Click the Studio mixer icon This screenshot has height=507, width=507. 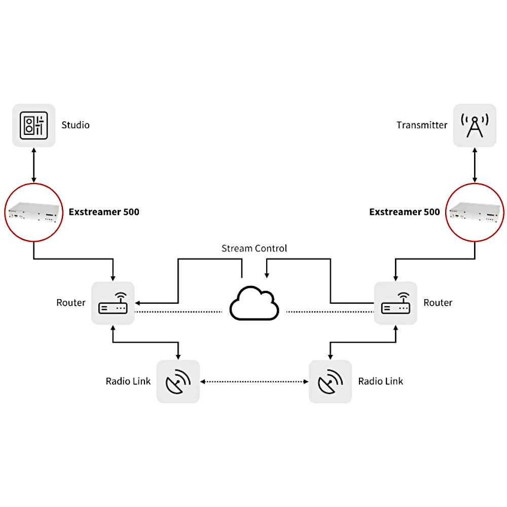tap(34, 125)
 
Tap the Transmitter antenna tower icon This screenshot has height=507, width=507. tap(474, 125)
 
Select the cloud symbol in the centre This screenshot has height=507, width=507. tap(255, 304)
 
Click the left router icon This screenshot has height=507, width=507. tap(113, 303)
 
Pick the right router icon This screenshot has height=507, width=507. tap(395, 303)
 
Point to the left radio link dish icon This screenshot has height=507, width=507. tap(177, 381)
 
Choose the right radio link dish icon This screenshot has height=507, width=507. tap(330, 381)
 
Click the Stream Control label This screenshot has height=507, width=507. tap(254, 248)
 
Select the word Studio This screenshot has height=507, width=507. tap(76, 125)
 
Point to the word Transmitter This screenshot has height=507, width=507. tap(422, 125)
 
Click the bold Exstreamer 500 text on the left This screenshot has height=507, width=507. tap(104, 212)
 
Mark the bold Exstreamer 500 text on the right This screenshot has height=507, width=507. tap(404, 212)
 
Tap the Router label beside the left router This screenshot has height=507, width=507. tap(71, 303)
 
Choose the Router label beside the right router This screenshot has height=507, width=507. tap(438, 303)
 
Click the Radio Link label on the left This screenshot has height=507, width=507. tap(128, 381)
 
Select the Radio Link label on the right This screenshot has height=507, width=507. tap(380, 381)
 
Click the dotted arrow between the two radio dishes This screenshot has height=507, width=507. tap(255, 381)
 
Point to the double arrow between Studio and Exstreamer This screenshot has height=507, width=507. tap(34, 165)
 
